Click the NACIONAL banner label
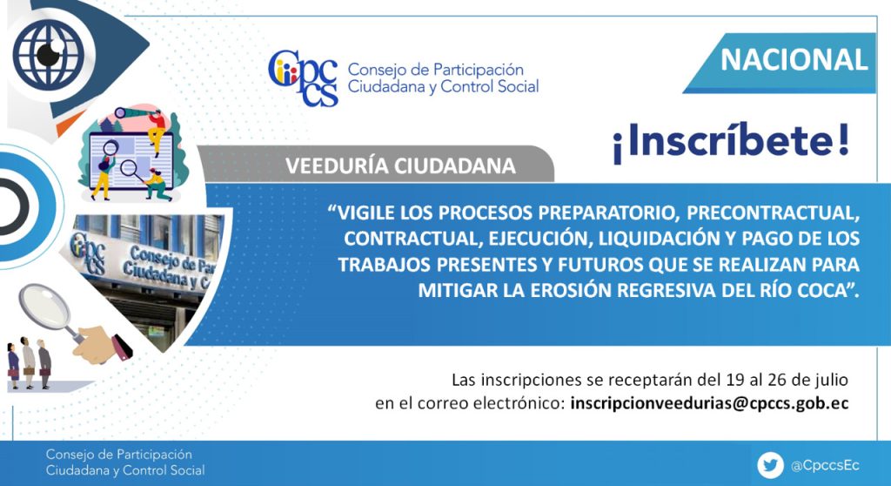pos(794,60)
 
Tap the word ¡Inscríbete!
pos(731,142)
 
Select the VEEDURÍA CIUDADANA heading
pos(400,165)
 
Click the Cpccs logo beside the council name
pos(304,78)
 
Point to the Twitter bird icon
pos(771,465)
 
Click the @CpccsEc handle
pos(825,465)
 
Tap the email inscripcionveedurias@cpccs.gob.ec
pos(709,403)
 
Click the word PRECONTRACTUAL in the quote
pos(773,213)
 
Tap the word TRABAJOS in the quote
pos(385,265)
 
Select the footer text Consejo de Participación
pos(118,455)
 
